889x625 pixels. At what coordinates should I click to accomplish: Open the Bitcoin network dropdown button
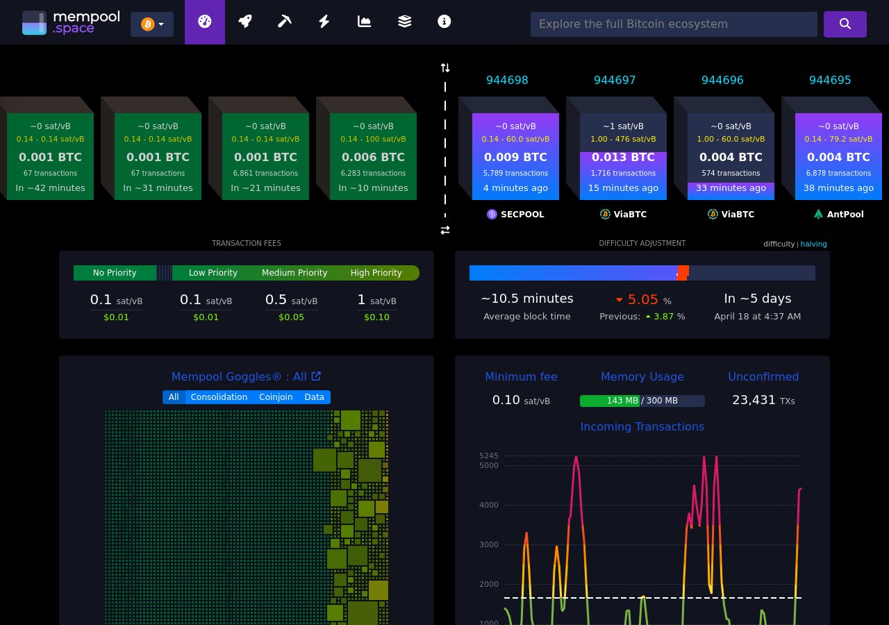point(152,24)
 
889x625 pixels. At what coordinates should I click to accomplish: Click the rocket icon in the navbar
point(244,22)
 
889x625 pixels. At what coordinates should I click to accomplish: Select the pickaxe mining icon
point(284,22)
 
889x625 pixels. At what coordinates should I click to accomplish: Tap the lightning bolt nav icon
point(324,22)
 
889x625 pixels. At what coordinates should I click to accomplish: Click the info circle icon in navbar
point(444,22)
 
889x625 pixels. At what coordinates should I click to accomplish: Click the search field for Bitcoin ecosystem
point(673,24)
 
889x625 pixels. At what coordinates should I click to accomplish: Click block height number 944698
point(507,80)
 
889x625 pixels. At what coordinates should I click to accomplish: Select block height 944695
point(830,80)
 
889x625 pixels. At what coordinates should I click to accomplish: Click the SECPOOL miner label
point(516,215)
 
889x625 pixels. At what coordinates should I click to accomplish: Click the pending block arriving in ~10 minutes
point(373,156)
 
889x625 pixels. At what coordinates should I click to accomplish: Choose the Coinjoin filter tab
point(276,397)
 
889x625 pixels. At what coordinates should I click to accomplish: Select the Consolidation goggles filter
point(219,397)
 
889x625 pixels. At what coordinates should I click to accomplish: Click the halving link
point(813,244)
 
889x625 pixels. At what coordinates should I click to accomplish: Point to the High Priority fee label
point(376,273)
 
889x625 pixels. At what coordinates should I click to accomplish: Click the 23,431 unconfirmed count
point(754,400)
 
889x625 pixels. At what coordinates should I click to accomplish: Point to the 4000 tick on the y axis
point(489,505)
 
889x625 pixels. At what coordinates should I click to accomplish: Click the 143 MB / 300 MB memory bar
point(642,401)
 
